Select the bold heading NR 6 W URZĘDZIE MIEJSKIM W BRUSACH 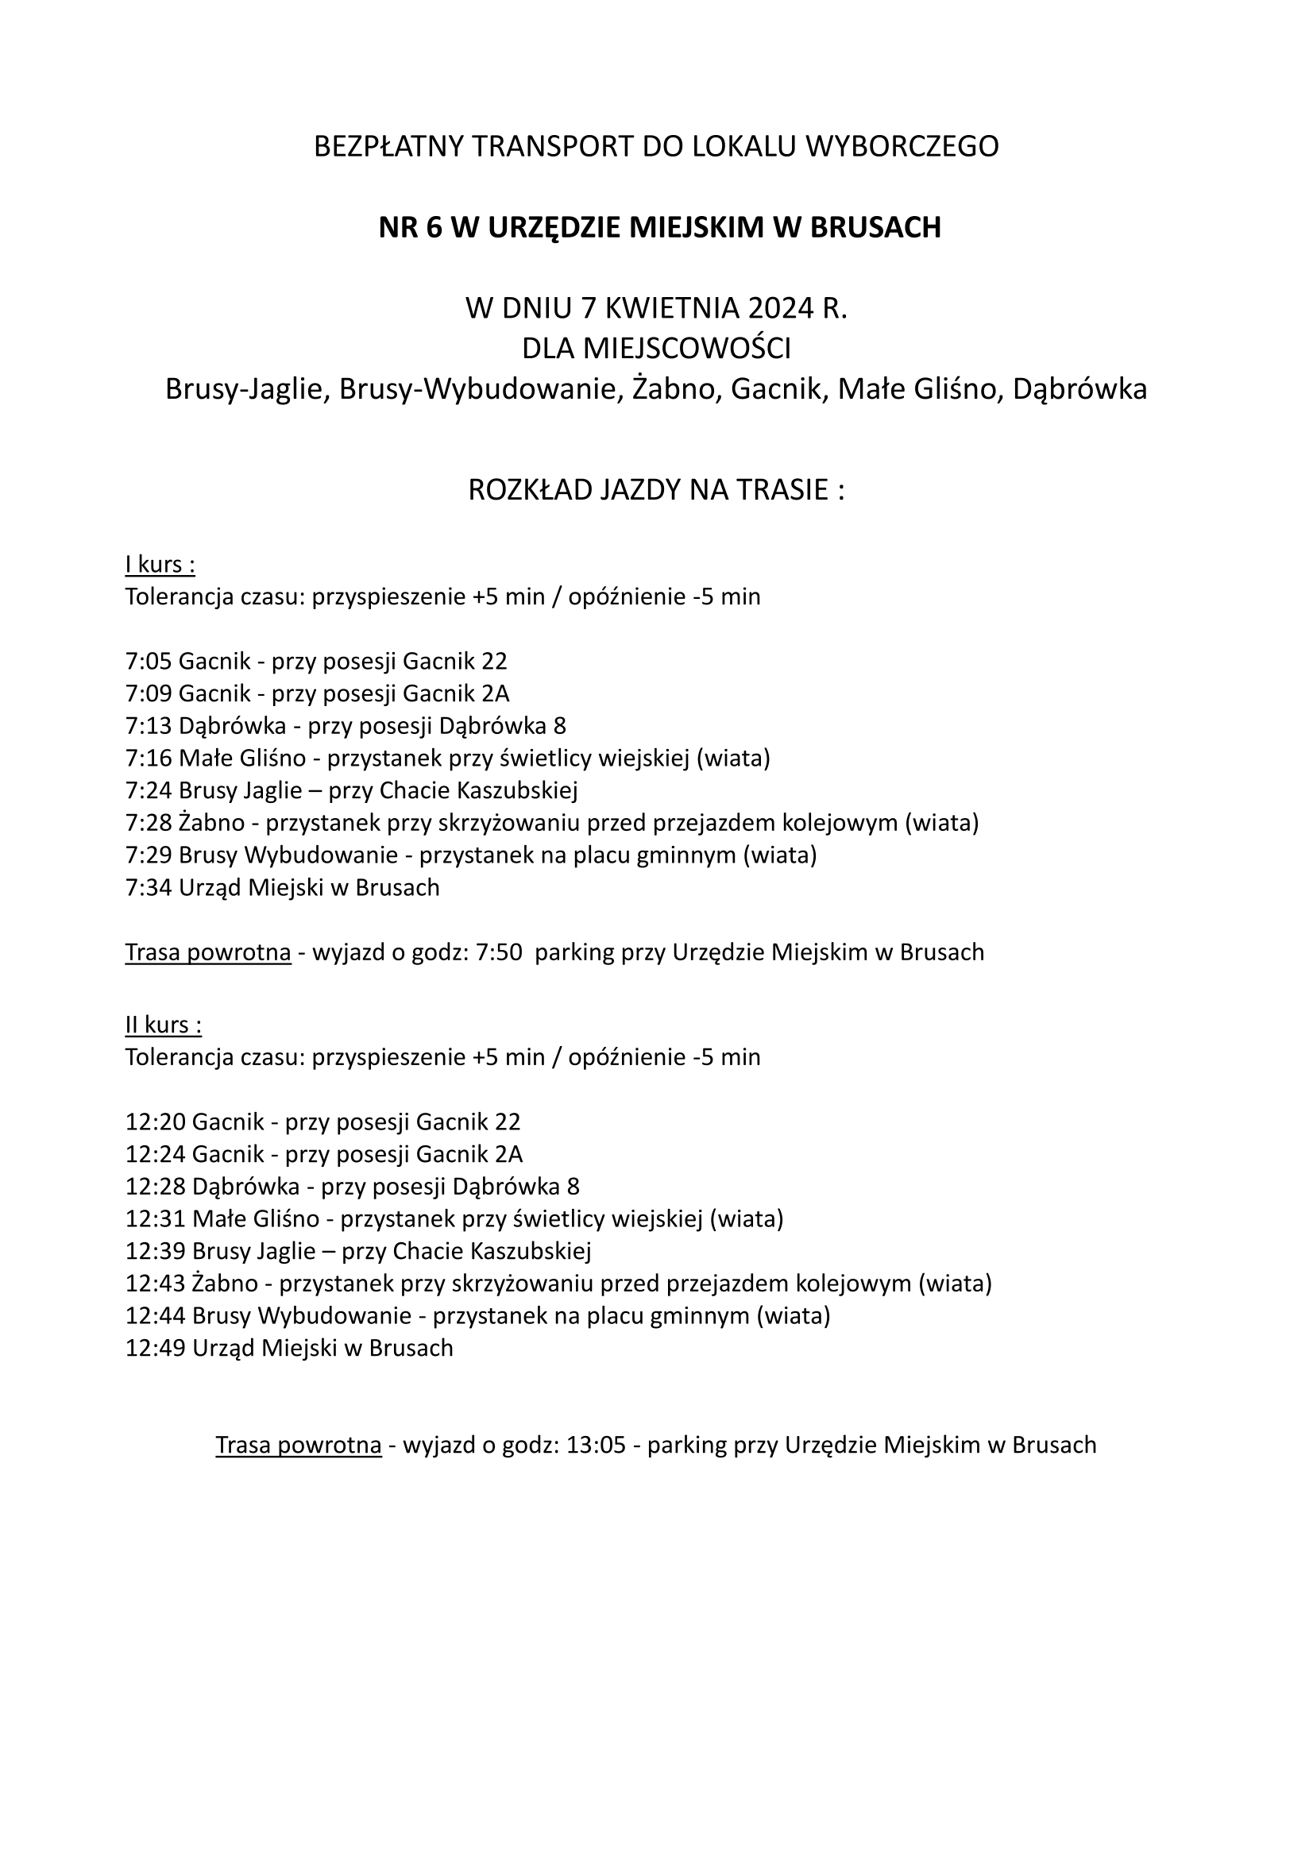(x=659, y=228)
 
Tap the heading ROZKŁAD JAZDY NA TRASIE (x=656, y=490)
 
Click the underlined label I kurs (x=160, y=564)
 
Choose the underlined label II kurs (x=164, y=1025)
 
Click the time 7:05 (x=149, y=662)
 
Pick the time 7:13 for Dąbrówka (x=149, y=725)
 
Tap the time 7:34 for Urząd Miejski (x=149, y=887)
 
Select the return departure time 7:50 (x=498, y=952)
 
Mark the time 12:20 (x=156, y=1122)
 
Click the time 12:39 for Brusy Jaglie (x=156, y=1251)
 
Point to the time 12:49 (x=156, y=1348)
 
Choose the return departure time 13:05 (x=597, y=1446)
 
